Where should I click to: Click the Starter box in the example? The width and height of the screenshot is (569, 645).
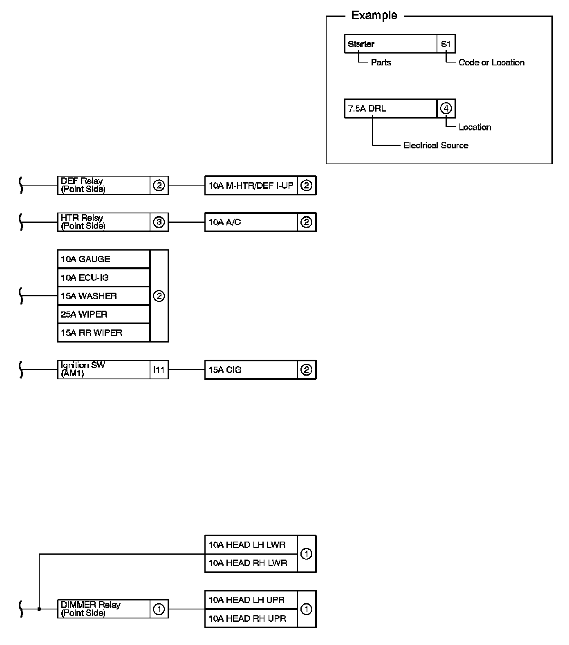pyautogui.click(x=390, y=44)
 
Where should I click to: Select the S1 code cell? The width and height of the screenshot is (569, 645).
pyautogui.click(x=446, y=44)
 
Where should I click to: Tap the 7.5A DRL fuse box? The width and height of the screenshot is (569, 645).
pyautogui.click(x=390, y=108)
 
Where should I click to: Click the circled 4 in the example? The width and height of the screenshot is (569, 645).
pyautogui.click(x=446, y=108)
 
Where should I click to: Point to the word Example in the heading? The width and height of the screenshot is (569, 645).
pyautogui.click(x=374, y=16)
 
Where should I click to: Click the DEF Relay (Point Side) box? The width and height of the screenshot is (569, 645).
pyautogui.click(x=103, y=185)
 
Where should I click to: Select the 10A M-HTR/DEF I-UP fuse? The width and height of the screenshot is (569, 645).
pyautogui.click(x=251, y=186)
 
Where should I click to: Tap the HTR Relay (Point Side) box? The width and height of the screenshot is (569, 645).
pyautogui.click(x=103, y=222)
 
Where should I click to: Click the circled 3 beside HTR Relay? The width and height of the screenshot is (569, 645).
pyautogui.click(x=159, y=222)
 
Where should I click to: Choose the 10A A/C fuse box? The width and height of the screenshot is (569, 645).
pyautogui.click(x=251, y=222)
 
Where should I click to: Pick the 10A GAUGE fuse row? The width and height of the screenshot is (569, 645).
pyautogui.click(x=103, y=259)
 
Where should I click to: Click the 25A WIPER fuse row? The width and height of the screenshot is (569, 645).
pyautogui.click(x=103, y=314)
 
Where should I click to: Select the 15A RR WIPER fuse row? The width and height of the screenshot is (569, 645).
pyautogui.click(x=103, y=333)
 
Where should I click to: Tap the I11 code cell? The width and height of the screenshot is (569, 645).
pyautogui.click(x=159, y=370)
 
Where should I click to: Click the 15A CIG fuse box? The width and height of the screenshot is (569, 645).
pyautogui.click(x=251, y=370)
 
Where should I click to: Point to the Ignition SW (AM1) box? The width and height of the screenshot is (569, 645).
pyautogui.click(x=103, y=370)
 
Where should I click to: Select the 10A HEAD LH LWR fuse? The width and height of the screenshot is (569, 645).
pyautogui.click(x=251, y=545)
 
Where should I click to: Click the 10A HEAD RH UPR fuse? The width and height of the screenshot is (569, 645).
pyautogui.click(x=251, y=618)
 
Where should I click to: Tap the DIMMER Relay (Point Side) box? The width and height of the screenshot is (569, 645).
pyautogui.click(x=103, y=609)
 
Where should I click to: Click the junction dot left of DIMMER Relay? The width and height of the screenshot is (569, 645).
pyautogui.click(x=39, y=609)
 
